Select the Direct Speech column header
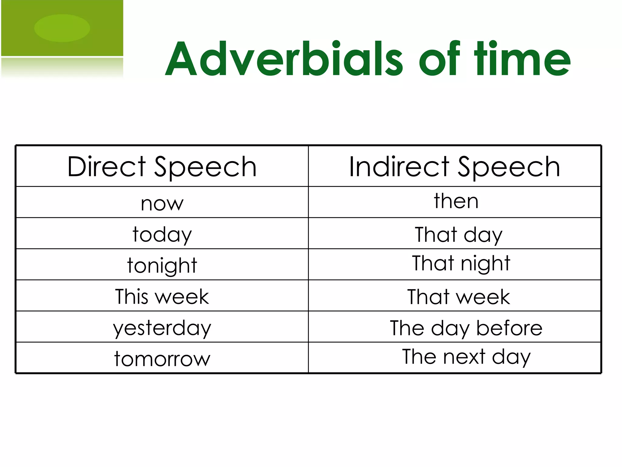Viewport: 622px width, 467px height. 162,167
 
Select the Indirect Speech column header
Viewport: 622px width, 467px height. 455,167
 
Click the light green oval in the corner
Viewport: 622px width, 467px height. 62,28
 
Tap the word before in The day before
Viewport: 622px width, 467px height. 509,328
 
